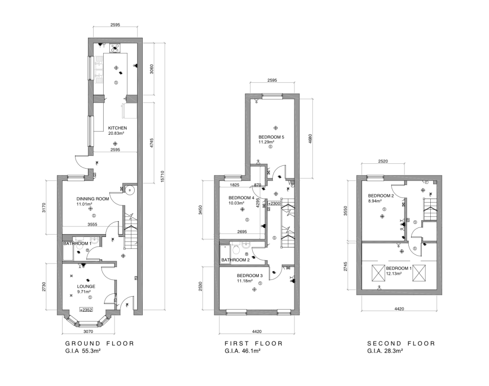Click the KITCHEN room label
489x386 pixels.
pyautogui.click(x=117, y=128)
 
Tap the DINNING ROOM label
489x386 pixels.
pyautogui.click(x=93, y=199)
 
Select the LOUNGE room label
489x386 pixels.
pyautogui.click(x=86, y=287)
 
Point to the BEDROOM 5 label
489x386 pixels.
pyautogui.click(x=271, y=137)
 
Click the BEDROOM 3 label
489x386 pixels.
pyautogui.click(x=250, y=276)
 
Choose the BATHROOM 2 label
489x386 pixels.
pyautogui.click(x=235, y=260)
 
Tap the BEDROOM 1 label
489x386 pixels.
pyautogui.click(x=399, y=268)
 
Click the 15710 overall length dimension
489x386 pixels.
pyautogui.click(x=162, y=177)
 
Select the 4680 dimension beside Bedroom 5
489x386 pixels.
pyautogui.click(x=310, y=139)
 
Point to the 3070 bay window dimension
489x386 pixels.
pyautogui.click(x=88, y=332)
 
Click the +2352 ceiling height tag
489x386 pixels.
pyautogui.click(x=86, y=310)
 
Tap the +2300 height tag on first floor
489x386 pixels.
pyautogui.click(x=274, y=204)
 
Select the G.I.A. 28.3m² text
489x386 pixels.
pyautogui.click(x=385, y=351)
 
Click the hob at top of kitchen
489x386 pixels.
pyautogui.click(x=115, y=48)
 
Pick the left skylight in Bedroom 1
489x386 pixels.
pyautogui.click(x=379, y=273)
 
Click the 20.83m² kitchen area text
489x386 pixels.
pyautogui.click(x=117, y=133)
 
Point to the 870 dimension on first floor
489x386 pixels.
pyautogui.click(x=257, y=185)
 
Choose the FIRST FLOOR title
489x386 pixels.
pyautogui.click(x=254, y=343)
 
